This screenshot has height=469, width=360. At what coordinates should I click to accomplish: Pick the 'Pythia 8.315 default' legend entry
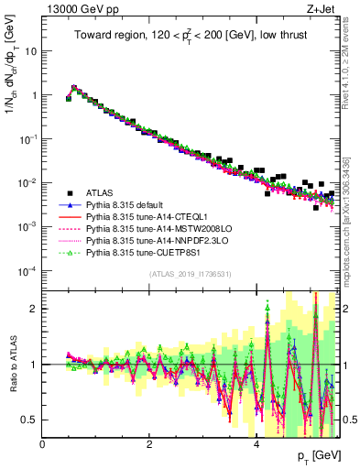pos(129,207)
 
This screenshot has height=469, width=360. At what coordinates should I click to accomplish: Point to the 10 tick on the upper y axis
pos(32,51)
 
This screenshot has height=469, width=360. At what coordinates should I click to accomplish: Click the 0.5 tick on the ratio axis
pos(29,420)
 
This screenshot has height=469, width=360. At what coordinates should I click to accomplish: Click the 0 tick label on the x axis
pos(42,443)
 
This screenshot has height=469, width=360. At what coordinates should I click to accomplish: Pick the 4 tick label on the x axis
pos(256,443)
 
